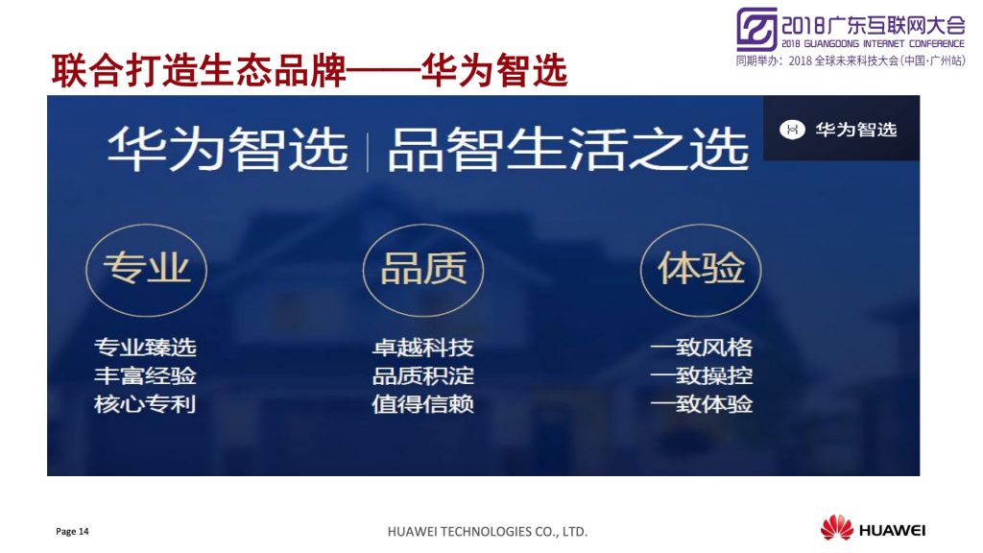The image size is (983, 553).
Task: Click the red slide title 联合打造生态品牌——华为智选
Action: coord(309,71)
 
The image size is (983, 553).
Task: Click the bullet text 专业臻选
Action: coord(146,348)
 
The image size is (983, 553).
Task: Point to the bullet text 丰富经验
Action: coord(146,375)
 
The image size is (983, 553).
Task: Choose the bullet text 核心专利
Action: coord(146,404)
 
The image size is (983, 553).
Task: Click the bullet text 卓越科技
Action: coord(423,348)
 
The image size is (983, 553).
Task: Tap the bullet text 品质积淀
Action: coord(423,375)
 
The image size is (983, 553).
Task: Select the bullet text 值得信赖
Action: coord(423,404)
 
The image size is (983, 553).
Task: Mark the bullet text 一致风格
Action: coord(702,348)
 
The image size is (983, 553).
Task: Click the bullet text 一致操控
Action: coord(702,375)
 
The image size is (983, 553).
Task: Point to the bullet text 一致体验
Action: coord(702,404)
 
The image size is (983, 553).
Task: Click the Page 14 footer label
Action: coord(72,532)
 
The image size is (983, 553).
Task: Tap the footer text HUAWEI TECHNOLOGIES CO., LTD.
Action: coord(487,532)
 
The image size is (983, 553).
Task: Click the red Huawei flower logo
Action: coord(837,527)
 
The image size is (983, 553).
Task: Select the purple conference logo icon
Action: coord(756,29)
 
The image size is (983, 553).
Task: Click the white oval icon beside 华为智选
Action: coord(792,130)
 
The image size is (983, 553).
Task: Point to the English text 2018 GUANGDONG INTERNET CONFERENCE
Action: coord(873,44)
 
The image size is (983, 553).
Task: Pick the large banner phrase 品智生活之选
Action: coord(568,149)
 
